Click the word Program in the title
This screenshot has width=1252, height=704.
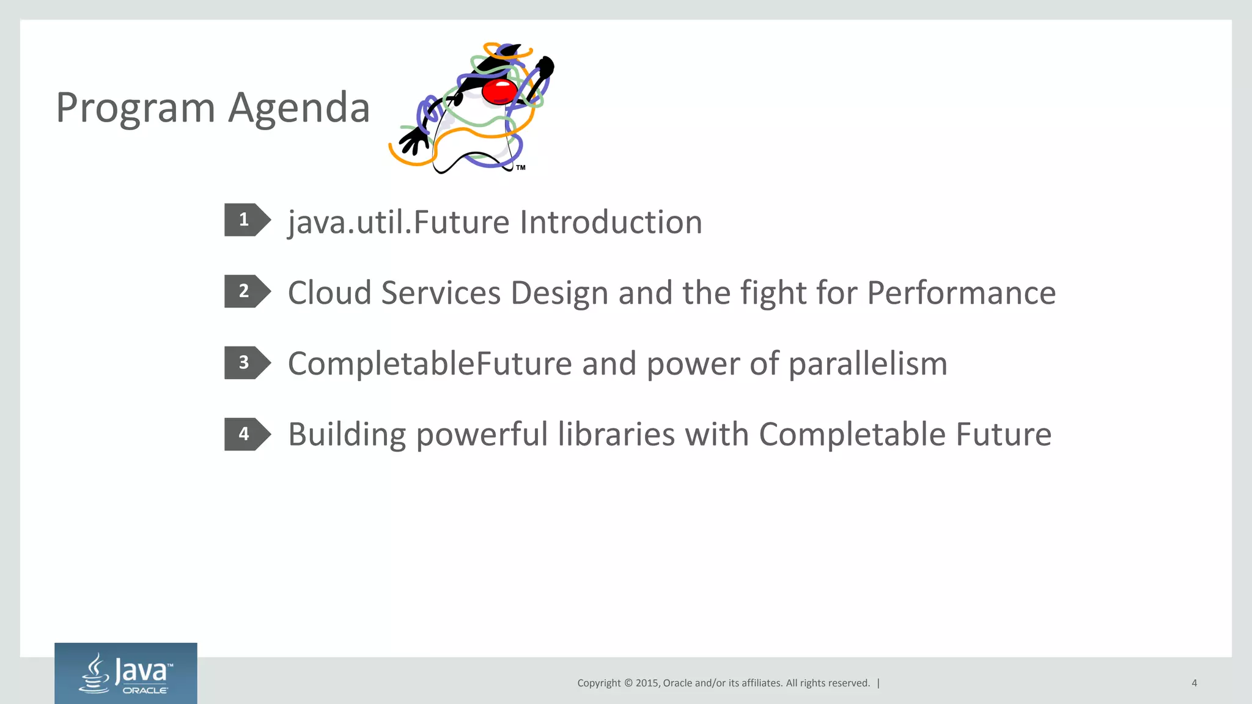135,108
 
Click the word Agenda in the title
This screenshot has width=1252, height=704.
299,108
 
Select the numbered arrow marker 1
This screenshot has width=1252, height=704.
246,220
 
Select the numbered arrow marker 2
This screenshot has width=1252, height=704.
246,291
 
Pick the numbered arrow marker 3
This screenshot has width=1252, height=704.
246,363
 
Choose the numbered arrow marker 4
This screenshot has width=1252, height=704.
246,434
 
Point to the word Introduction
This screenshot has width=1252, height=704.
611,222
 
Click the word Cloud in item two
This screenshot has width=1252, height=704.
330,293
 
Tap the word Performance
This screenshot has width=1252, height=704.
961,293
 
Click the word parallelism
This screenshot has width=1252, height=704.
867,364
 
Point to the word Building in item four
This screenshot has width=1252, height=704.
347,435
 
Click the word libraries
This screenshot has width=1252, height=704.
616,435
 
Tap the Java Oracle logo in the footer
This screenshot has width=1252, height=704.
126,673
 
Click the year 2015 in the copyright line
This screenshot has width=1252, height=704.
647,683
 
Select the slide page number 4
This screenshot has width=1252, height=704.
1194,683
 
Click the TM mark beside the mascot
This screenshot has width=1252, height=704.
521,167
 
